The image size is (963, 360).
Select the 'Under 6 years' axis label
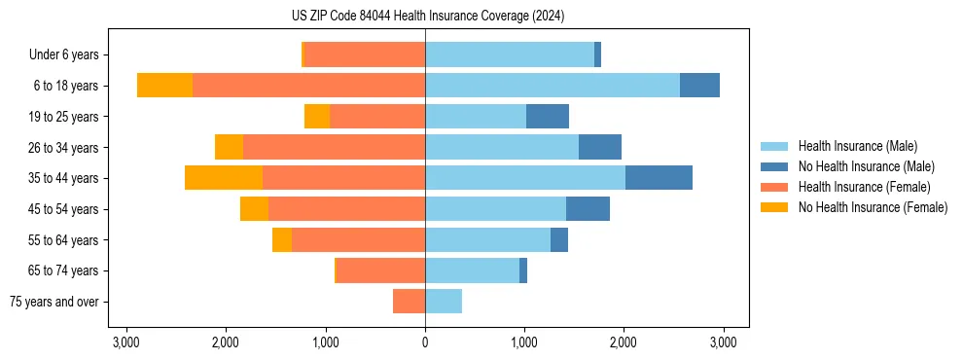pyautogui.click(x=70, y=54)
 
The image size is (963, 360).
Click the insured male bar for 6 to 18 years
pyautogui.click(x=552, y=86)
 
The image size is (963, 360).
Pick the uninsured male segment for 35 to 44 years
pyautogui.click(x=659, y=178)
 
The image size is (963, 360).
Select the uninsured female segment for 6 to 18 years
pyautogui.click(x=164, y=86)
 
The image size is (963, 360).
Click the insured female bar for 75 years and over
pyautogui.click(x=409, y=302)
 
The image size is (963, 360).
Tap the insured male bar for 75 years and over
pyautogui.click(x=444, y=302)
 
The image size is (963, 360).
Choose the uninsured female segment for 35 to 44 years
pyautogui.click(x=224, y=178)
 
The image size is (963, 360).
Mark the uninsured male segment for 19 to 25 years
pyautogui.click(x=548, y=117)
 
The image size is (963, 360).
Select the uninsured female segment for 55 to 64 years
pyautogui.click(x=282, y=239)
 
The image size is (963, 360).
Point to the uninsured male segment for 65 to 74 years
pyautogui.click(x=523, y=270)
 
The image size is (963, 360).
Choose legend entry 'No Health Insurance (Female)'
pyautogui.click(x=873, y=207)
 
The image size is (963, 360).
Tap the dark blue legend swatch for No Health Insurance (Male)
pyautogui.click(x=774, y=166)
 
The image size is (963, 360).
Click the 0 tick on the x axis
pyautogui.click(x=425, y=342)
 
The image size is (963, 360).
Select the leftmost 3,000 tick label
pyautogui.click(x=126, y=342)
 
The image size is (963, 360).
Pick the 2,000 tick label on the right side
pyautogui.click(x=624, y=342)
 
